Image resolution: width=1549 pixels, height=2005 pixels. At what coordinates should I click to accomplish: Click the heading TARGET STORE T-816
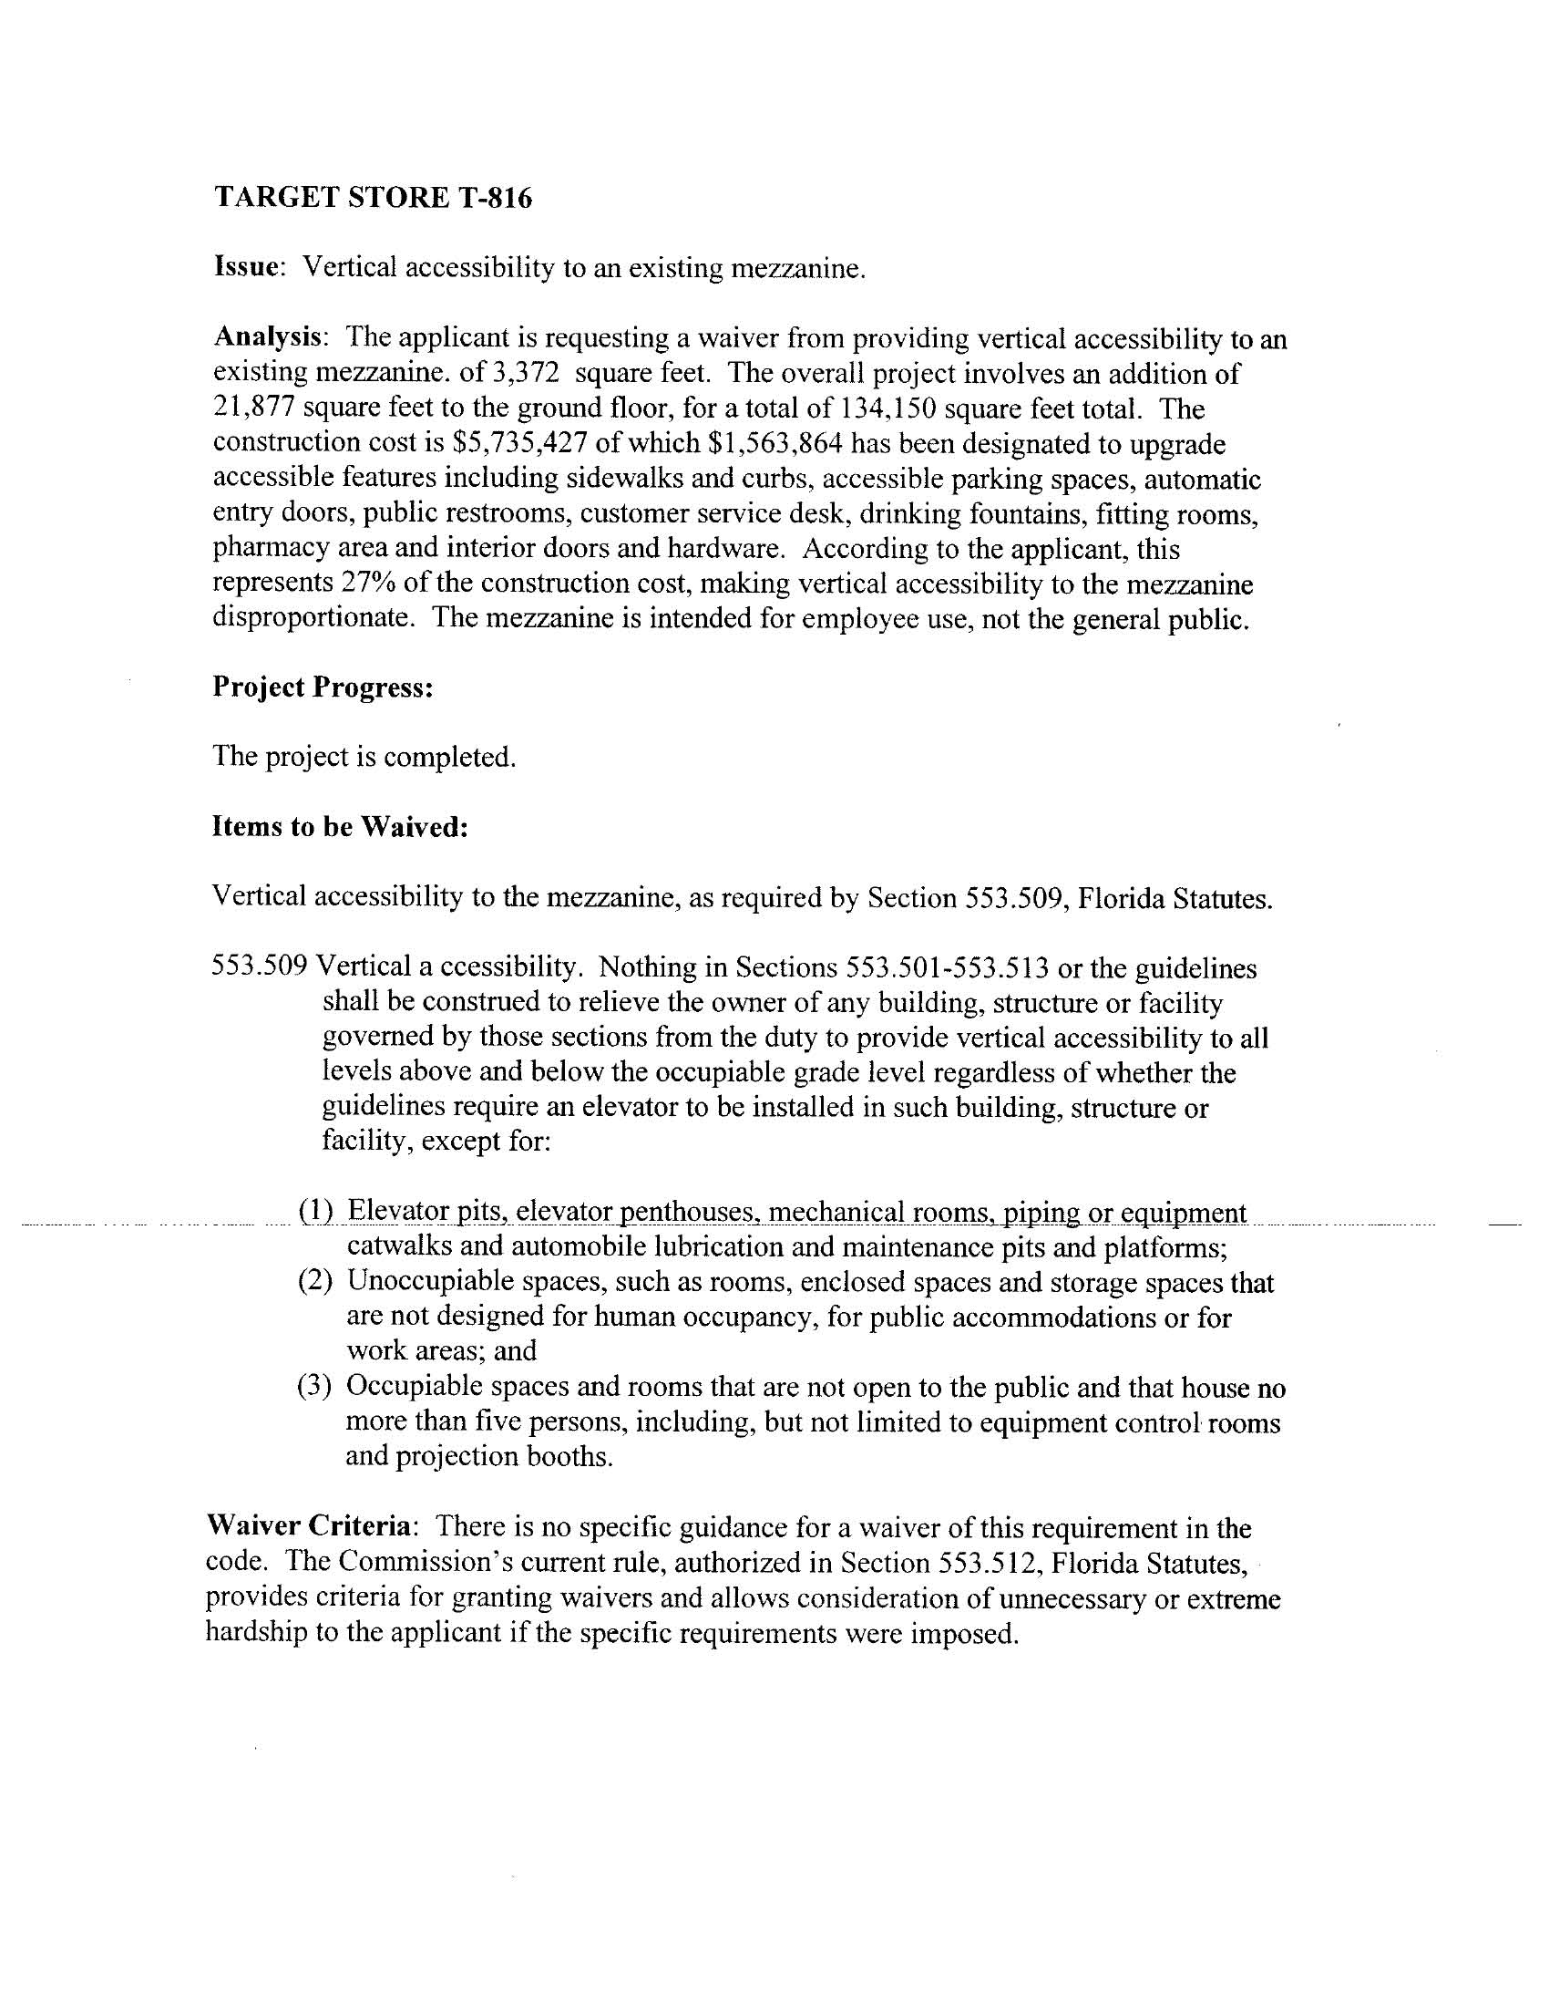(373, 197)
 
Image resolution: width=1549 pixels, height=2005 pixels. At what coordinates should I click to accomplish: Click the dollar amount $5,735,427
(519, 443)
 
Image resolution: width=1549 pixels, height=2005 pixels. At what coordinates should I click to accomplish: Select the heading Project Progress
(322, 687)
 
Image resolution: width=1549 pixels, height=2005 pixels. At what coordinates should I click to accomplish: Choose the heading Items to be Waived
(341, 827)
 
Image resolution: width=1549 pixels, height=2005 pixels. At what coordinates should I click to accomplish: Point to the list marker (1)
(315, 1212)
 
